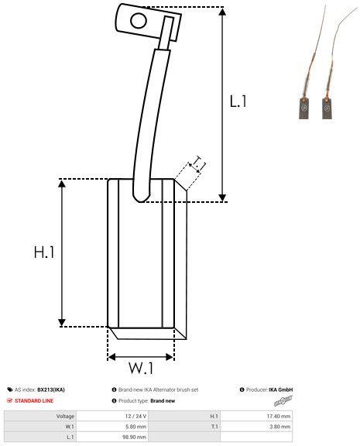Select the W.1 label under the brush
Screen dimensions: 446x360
click(x=140, y=366)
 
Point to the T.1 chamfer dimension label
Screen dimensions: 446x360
click(x=197, y=163)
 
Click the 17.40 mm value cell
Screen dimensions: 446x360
click(x=279, y=416)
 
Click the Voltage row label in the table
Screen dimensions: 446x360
click(x=65, y=416)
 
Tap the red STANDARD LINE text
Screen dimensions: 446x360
click(x=36, y=401)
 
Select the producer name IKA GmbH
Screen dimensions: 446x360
click(x=279, y=389)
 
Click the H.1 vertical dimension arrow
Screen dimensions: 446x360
click(x=62, y=252)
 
